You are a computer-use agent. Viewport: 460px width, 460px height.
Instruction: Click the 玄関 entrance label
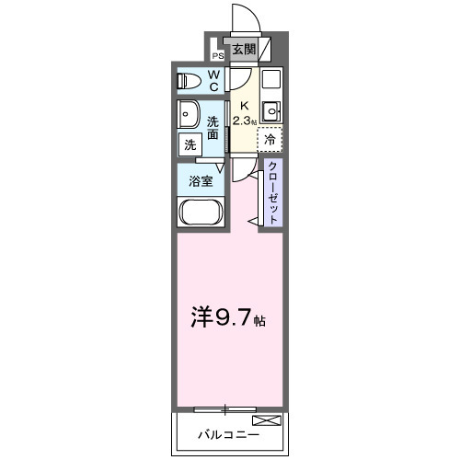point(243,50)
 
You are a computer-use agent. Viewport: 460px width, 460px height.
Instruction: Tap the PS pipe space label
point(218,55)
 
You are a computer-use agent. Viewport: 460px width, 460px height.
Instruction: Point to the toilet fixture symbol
point(190,80)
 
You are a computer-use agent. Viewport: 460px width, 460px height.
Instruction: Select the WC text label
point(213,80)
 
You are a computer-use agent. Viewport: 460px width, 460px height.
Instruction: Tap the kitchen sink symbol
point(270,112)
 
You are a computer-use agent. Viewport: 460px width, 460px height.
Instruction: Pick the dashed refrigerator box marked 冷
point(270,140)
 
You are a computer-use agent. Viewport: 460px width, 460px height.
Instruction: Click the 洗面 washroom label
point(213,128)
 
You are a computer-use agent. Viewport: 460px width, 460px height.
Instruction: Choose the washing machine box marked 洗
point(190,144)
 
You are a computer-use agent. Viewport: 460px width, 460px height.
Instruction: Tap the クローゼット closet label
point(273,192)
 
